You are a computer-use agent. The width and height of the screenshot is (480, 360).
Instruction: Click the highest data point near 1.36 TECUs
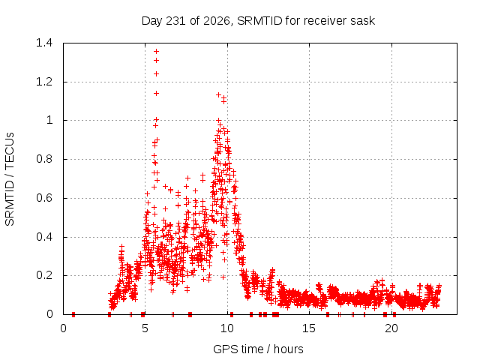coord(157,51)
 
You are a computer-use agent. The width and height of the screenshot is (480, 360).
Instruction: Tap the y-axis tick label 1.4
coord(44,43)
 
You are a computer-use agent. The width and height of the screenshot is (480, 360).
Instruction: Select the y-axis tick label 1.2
coord(44,82)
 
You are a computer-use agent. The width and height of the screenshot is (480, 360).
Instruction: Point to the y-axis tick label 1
coord(49,120)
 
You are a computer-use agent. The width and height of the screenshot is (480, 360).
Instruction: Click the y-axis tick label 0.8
coord(44,159)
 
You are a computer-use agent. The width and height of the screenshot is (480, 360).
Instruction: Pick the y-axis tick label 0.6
coord(44,198)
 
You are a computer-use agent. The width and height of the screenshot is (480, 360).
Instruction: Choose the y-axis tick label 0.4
coord(44,237)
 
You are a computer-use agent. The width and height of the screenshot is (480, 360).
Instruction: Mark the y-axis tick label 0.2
coord(44,275)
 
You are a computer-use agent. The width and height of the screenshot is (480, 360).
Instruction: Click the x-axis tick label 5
coord(145,328)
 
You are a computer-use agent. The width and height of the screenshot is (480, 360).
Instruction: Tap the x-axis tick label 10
coord(227,328)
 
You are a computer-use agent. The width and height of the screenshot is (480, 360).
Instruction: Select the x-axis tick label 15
coord(309,328)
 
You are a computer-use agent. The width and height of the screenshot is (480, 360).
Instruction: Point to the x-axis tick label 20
coord(391,328)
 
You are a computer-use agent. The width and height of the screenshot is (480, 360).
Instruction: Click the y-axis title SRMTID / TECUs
coord(10,179)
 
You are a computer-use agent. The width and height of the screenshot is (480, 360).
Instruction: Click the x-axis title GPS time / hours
coord(258,349)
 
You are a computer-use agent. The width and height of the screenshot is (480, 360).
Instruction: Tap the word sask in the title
coord(364,21)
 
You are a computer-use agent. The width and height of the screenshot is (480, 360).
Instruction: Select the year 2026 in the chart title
coord(217,21)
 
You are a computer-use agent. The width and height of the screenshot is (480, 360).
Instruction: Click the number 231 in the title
coord(175,21)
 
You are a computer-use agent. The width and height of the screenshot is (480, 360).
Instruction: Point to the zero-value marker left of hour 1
coord(73,314)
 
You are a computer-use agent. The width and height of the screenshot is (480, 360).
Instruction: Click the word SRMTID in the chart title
coord(259,21)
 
